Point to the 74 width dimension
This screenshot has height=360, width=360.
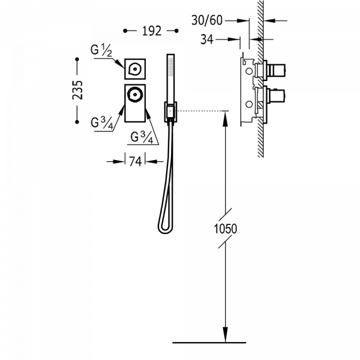[x=136, y=161]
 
